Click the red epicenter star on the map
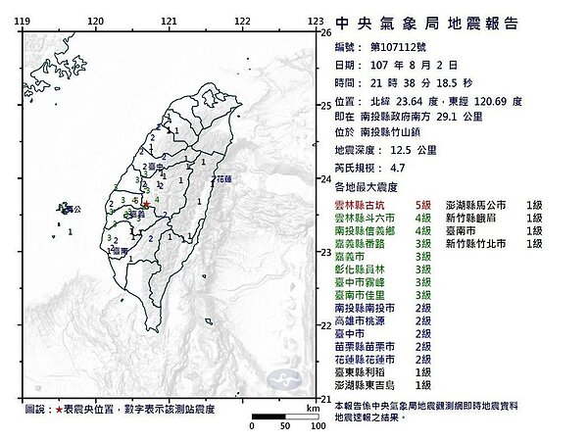pyautogui.click(x=146, y=205)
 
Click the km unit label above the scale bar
pyautogui.click(x=312, y=406)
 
